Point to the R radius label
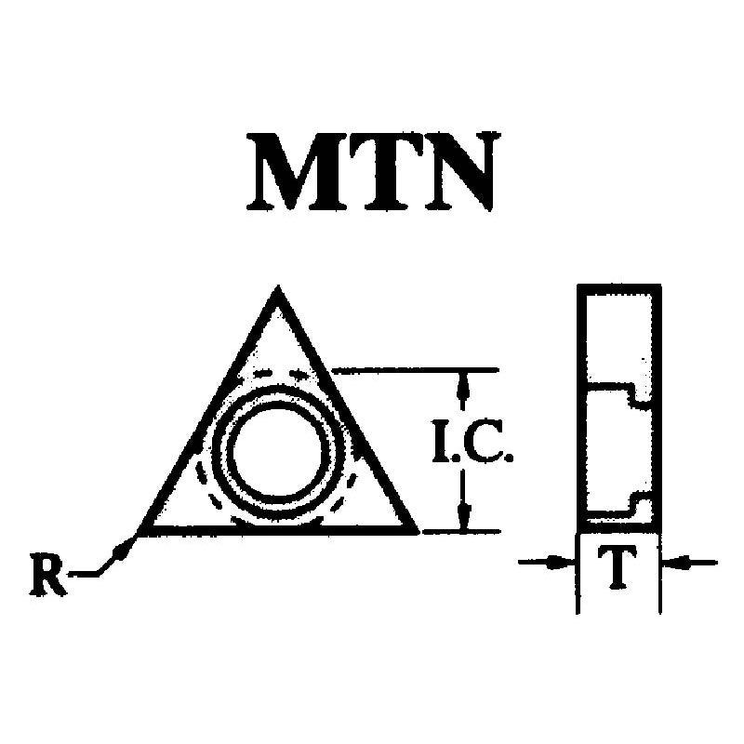pyautogui.click(x=47, y=576)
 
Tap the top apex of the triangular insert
pyautogui.click(x=277, y=286)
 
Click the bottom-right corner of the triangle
pyautogui.click(x=418, y=533)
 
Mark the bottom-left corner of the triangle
pyautogui.click(x=138, y=534)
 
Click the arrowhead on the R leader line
pyautogui.click(x=122, y=550)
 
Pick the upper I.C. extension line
pyautogui.click(x=415, y=368)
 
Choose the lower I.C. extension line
pyautogui.click(x=460, y=532)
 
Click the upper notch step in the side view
pyautogui.click(x=633, y=392)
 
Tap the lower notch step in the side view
pyautogui.click(x=633, y=504)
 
